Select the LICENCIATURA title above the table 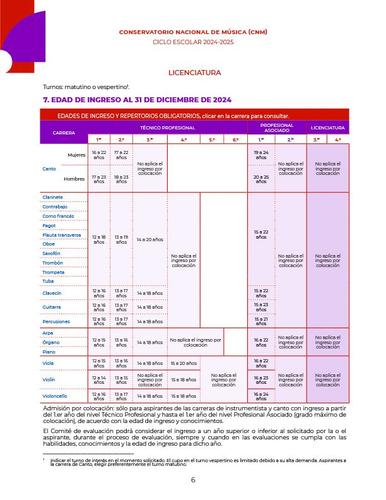click(x=194, y=73)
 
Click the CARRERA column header click(x=64, y=133)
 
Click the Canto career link click(x=49, y=169)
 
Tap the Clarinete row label click(x=52, y=197)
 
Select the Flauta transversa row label click(x=61, y=235)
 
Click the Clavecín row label click(x=52, y=292)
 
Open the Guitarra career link click(x=52, y=307)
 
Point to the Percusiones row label click(x=56, y=321)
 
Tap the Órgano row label click(x=51, y=342)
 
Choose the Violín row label click(x=50, y=381)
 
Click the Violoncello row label click(x=55, y=396)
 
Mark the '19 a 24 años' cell click(x=260, y=155)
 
